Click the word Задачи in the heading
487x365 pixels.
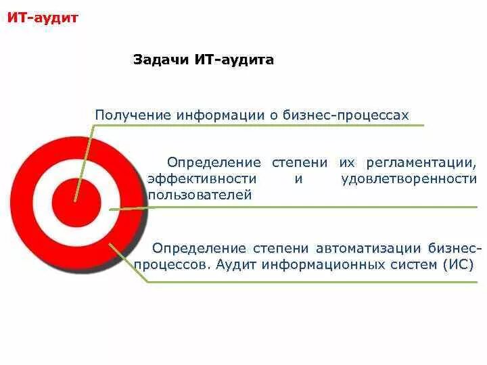point(160,60)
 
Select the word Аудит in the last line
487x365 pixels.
point(234,264)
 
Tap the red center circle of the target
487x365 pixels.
point(76,201)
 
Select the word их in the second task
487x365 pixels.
point(347,162)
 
